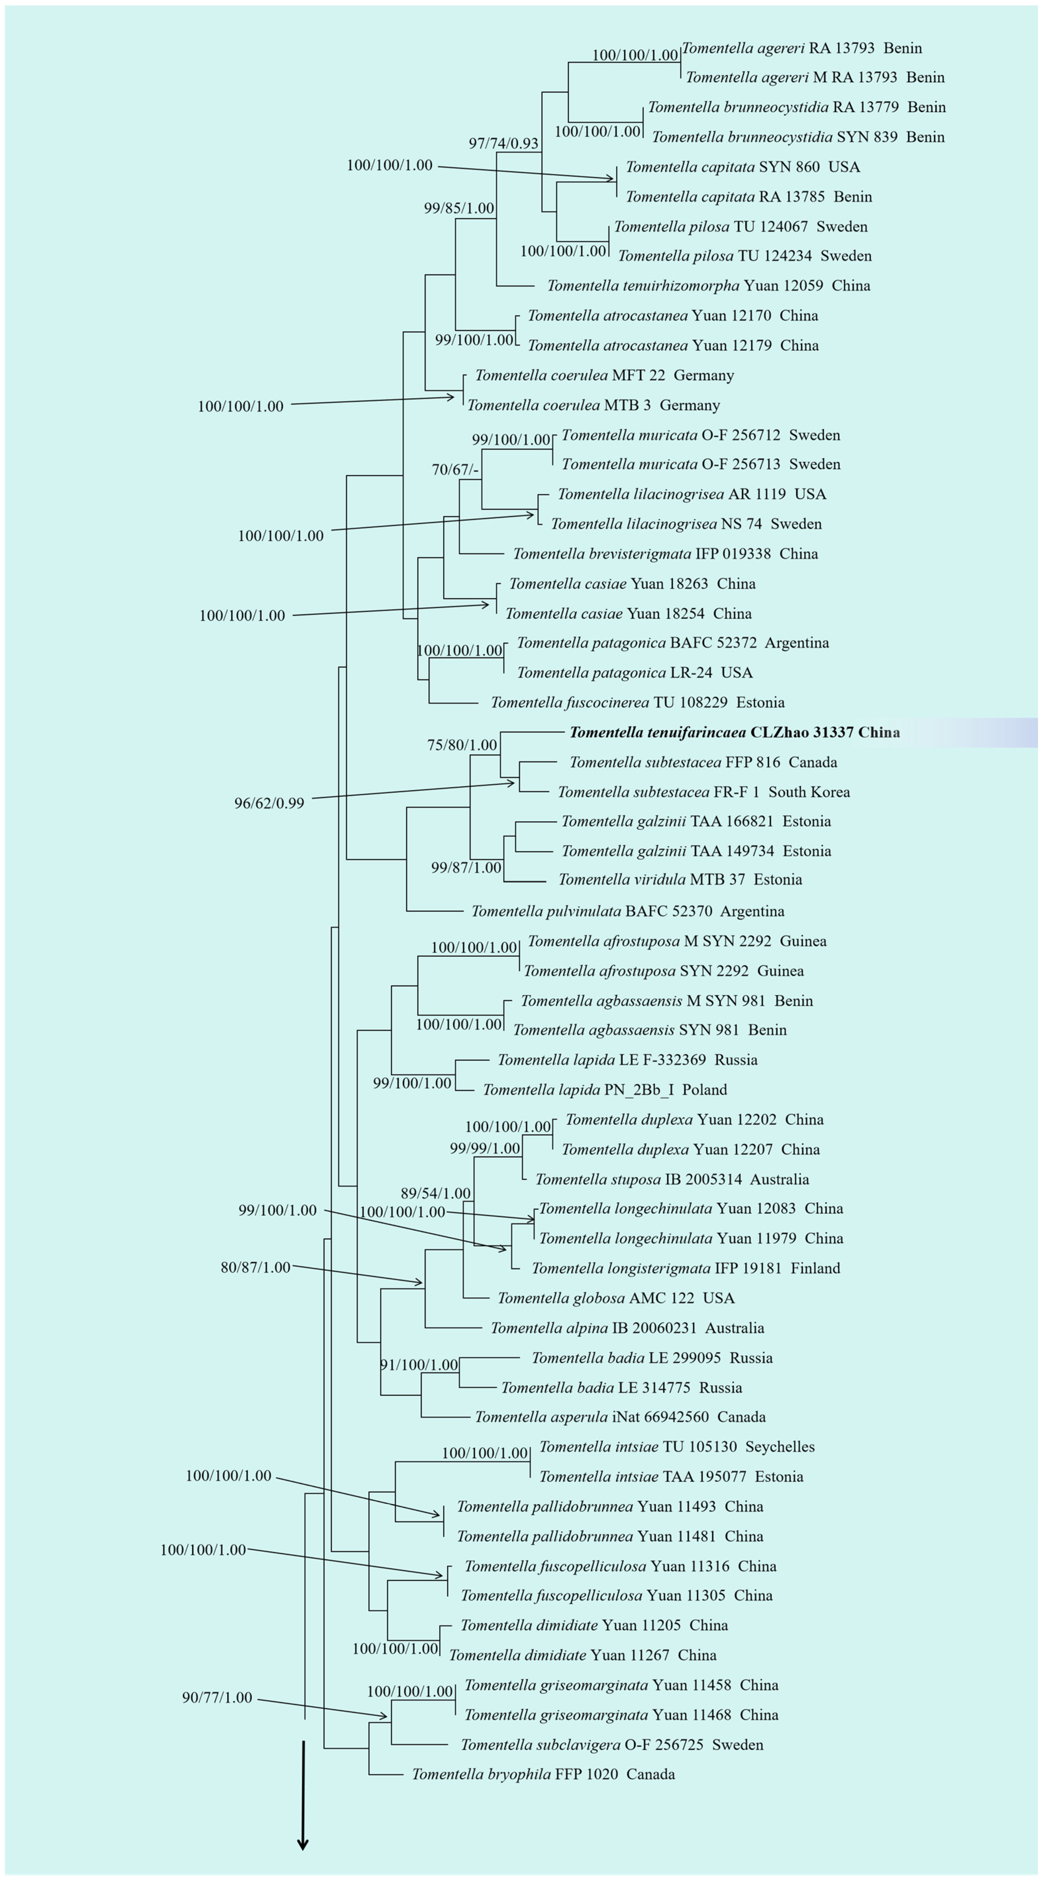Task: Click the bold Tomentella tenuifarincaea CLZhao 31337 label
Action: tap(734, 732)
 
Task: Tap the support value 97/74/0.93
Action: tap(504, 143)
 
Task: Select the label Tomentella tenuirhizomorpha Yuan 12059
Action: tap(708, 285)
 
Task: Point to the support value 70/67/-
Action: tap(455, 469)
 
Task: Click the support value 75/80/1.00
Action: tap(462, 745)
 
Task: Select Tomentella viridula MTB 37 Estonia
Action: tap(679, 879)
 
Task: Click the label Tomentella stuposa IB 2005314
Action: tap(671, 1179)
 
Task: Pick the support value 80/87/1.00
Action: tap(256, 1267)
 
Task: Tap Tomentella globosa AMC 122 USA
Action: tap(615, 1298)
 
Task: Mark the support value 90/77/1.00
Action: tap(217, 1698)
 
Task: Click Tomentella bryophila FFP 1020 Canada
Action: tap(543, 1774)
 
